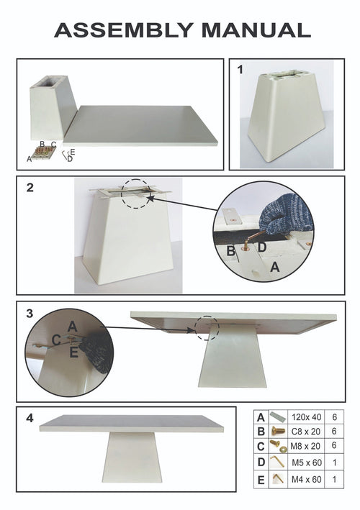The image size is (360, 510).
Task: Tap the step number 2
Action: pos(30,188)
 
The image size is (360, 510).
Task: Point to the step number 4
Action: pos(30,418)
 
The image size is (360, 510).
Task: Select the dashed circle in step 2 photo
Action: pos(137,194)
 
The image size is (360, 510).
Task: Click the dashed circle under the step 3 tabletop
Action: pos(207,327)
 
